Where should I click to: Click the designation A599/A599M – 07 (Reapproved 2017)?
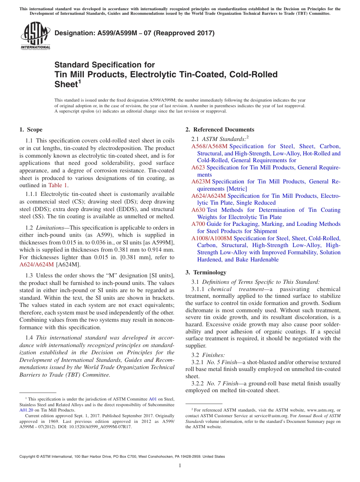pyautogui.click(x=135, y=33)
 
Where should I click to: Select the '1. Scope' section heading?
pyautogui.click(x=31, y=130)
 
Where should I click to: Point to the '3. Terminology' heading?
pyautogui.click(x=206, y=272)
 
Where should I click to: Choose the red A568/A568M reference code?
pyautogui.click(x=210, y=146)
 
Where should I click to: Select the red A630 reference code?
pyautogui.click(x=198, y=210)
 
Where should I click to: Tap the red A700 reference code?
pyautogui.click(x=198, y=224)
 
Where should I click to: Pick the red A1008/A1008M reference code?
pyautogui.click(x=211, y=238)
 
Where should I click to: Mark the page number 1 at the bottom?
pyautogui.click(x=180, y=465)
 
